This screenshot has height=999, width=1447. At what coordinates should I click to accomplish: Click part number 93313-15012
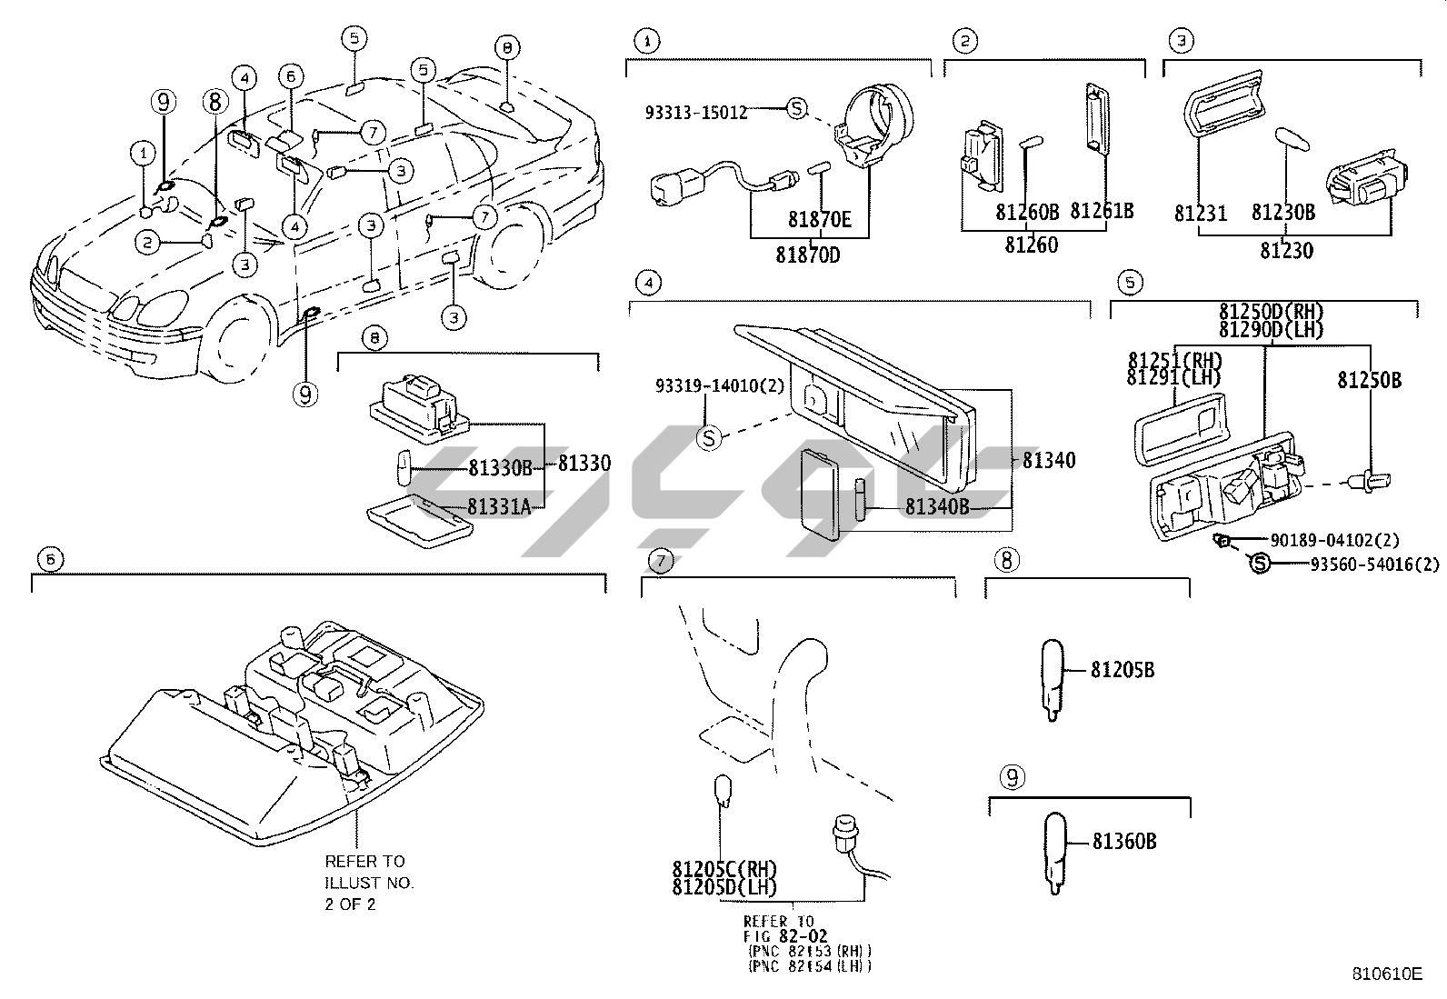click(695, 113)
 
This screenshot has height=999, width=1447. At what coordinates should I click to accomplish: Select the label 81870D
click(808, 255)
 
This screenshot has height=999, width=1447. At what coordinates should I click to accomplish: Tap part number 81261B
click(1102, 211)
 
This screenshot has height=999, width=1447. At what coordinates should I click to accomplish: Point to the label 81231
click(1201, 214)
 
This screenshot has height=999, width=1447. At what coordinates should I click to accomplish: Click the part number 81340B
click(937, 506)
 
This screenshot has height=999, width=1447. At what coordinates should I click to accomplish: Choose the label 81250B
click(1369, 380)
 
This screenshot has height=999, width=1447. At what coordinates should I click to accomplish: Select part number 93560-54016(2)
click(1374, 564)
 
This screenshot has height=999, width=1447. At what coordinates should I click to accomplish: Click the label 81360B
click(1124, 842)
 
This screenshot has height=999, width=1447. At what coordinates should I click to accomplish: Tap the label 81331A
click(499, 506)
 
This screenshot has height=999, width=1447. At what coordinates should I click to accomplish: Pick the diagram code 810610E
click(1386, 974)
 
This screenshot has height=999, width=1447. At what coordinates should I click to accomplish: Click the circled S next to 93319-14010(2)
click(709, 438)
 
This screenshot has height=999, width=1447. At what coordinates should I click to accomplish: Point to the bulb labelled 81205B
click(1051, 680)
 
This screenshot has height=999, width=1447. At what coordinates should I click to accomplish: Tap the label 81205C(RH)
click(725, 868)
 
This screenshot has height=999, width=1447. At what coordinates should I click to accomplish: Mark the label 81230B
click(1282, 212)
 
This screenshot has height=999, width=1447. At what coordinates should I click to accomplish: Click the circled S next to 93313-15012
click(796, 108)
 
